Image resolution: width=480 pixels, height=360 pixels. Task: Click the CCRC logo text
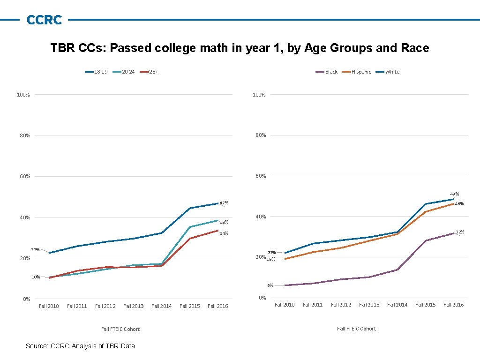pos(44,20)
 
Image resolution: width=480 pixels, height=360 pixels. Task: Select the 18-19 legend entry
pos(97,72)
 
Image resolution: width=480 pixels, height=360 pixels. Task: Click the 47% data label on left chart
pos(224,203)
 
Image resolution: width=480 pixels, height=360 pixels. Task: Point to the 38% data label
pos(224,222)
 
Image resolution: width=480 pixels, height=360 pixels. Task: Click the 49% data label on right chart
pos(454,194)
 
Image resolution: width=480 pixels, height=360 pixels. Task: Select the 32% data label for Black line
pos(460,232)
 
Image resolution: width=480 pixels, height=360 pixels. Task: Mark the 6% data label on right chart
pos(270,285)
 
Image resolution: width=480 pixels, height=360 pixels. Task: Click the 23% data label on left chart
pos(35,249)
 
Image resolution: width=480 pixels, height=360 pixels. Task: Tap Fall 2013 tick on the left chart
pos(134,306)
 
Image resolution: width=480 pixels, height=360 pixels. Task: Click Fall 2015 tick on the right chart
pos(426,305)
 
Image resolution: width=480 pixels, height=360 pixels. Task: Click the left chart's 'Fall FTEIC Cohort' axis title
pos(120,329)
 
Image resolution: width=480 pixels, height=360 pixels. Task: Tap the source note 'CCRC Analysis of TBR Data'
pos(80,346)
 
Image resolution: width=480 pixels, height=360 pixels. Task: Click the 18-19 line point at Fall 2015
pos(190,208)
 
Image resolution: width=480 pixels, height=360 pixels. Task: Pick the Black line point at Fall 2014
pos(397,270)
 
